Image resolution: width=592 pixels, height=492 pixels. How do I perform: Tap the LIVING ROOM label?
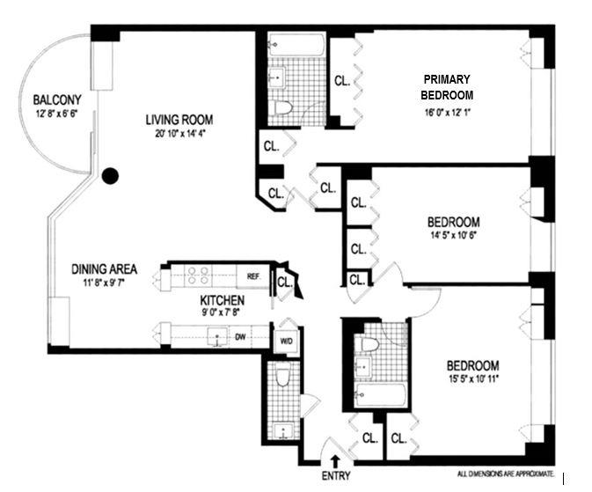click(x=179, y=120)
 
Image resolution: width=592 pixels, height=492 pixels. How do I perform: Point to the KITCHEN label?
click(x=220, y=300)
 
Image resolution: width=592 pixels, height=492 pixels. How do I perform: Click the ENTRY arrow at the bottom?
click(x=334, y=459)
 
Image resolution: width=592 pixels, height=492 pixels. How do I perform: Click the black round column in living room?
click(x=110, y=176)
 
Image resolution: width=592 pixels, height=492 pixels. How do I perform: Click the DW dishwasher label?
click(x=240, y=335)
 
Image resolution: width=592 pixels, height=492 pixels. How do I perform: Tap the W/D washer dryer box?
click(x=286, y=341)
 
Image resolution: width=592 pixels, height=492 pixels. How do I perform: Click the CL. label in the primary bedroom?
click(x=342, y=81)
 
